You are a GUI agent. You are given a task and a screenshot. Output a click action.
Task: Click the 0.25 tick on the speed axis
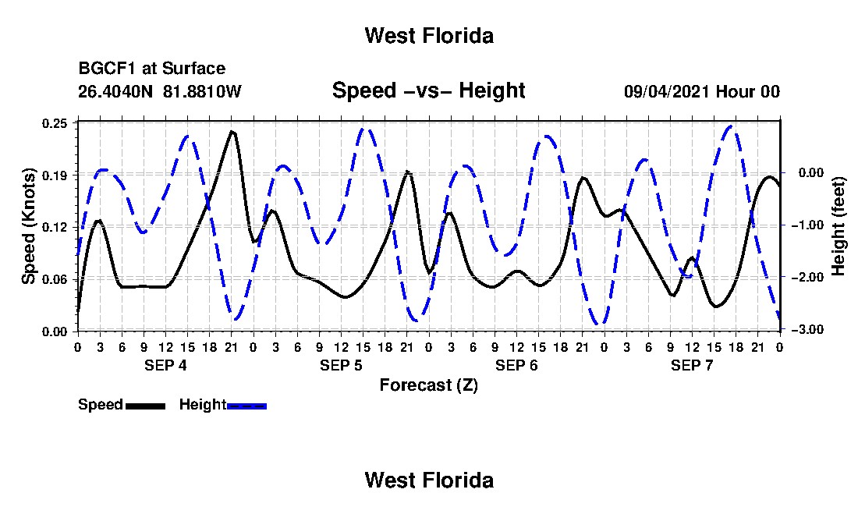[x=54, y=123]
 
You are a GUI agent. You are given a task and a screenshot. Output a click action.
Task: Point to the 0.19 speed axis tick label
[x=54, y=175]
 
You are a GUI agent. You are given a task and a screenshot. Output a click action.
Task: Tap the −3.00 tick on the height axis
[x=807, y=329]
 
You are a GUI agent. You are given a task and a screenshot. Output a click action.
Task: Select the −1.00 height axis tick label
[x=807, y=225]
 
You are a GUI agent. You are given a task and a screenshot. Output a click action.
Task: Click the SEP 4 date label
[x=165, y=365]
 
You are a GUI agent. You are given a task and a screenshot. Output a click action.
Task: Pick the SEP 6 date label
[x=516, y=365]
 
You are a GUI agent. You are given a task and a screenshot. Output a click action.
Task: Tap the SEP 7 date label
[x=692, y=365]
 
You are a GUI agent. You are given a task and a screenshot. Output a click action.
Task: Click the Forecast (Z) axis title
[x=429, y=385]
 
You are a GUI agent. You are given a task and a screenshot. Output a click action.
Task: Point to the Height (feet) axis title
[x=838, y=226]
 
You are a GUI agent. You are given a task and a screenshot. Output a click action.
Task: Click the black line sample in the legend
[x=145, y=406]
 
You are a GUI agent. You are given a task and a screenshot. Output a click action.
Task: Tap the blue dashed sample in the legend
[x=246, y=406]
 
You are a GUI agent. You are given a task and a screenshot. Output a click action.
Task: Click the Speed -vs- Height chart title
[x=429, y=90]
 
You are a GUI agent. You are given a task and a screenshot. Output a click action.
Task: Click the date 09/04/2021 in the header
[x=667, y=91]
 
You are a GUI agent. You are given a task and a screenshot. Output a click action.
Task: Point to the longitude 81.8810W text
[x=202, y=91]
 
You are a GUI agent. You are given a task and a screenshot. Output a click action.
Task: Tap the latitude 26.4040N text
[x=115, y=91]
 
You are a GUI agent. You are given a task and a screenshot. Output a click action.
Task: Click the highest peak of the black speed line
[x=232, y=132]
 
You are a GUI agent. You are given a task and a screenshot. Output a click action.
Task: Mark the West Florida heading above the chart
[x=430, y=36]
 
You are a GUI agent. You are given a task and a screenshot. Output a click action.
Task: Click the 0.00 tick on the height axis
[x=811, y=173]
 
